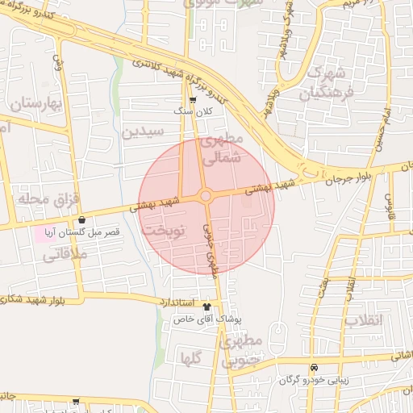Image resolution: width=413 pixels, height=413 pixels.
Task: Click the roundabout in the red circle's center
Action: coord(206,196)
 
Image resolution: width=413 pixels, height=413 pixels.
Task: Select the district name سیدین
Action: coord(143,131)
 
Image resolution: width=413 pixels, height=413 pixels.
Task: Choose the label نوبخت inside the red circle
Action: coord(164,231)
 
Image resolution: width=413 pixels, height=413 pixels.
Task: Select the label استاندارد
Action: coord(177,302)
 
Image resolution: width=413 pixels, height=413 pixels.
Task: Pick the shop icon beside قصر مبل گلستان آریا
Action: coord(81,219)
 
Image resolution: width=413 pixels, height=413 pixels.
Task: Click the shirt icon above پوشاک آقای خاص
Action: coord(207,307)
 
